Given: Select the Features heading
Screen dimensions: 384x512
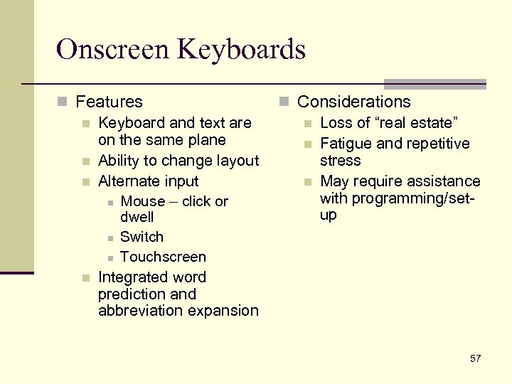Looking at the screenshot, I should pyautogui.click(x=109, y=102).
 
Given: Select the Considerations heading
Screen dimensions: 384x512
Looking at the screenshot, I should pyautogui.click(x=353, y=102).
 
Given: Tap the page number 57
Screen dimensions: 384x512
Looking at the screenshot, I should pyautogui.click(x=475, y=358).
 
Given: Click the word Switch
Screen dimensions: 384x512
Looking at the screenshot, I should pyautogui.click(x=142, y=237).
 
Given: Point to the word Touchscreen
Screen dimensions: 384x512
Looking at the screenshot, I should pyautogui.click(x=163, y=257).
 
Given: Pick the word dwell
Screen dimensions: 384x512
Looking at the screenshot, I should pyautogui.click(x=137, y=217).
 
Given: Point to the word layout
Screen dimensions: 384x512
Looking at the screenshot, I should pyautogui.click(x=238, y=161).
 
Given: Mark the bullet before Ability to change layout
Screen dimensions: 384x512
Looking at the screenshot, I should pyautogui.click(x=86, y=161).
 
